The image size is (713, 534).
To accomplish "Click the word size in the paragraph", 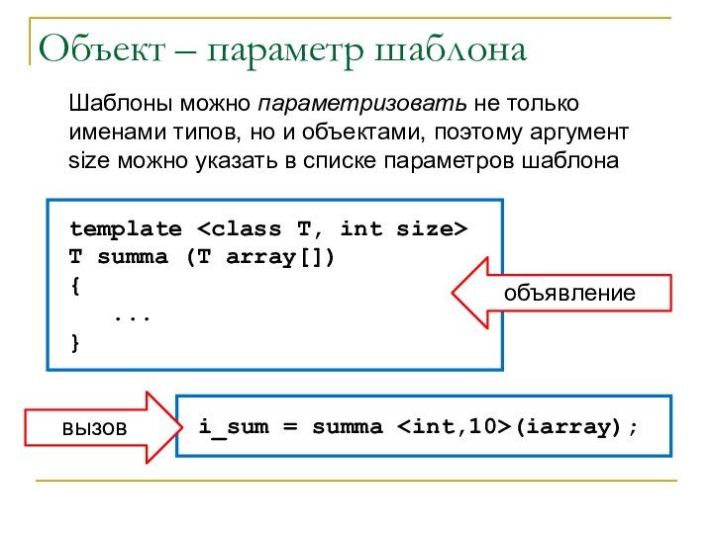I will click(87, 159).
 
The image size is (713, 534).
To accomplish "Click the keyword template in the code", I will click(125, 229).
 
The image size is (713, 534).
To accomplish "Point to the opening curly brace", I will click(74, 287).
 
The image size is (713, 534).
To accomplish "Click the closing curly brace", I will click(74, 343).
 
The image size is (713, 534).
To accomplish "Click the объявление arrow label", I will click(568, 293).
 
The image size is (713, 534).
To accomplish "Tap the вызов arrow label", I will click(95, 428).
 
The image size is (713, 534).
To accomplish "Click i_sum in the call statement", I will click(227, 427).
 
